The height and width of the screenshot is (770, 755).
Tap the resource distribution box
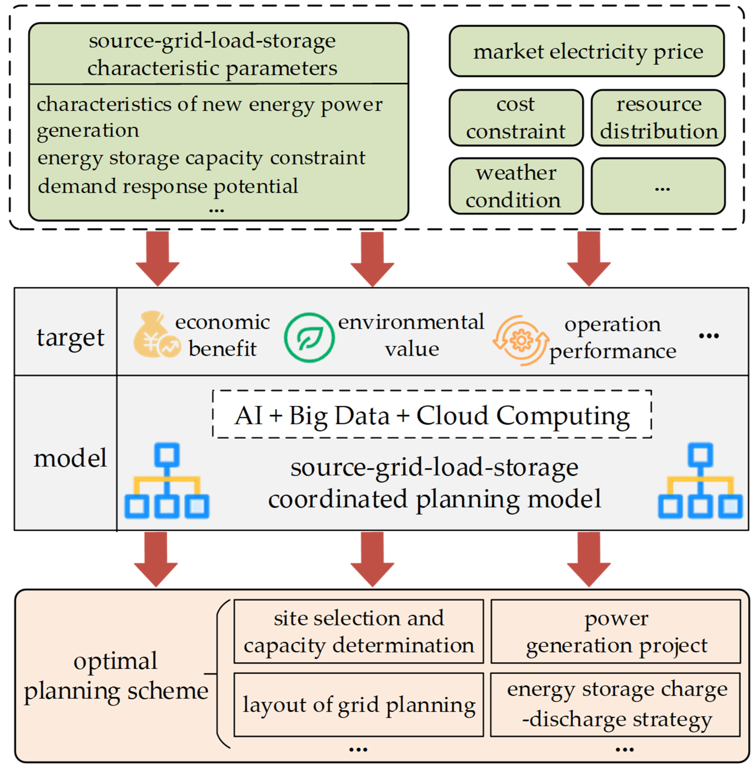tap(658, 118)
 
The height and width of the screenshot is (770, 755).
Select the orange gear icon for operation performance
tap(521, 340)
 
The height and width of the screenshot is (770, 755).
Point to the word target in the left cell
tap(70, 337)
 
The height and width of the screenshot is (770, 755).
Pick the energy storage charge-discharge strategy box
tap(615, 704)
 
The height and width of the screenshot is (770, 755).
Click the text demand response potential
tap(168, 186)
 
